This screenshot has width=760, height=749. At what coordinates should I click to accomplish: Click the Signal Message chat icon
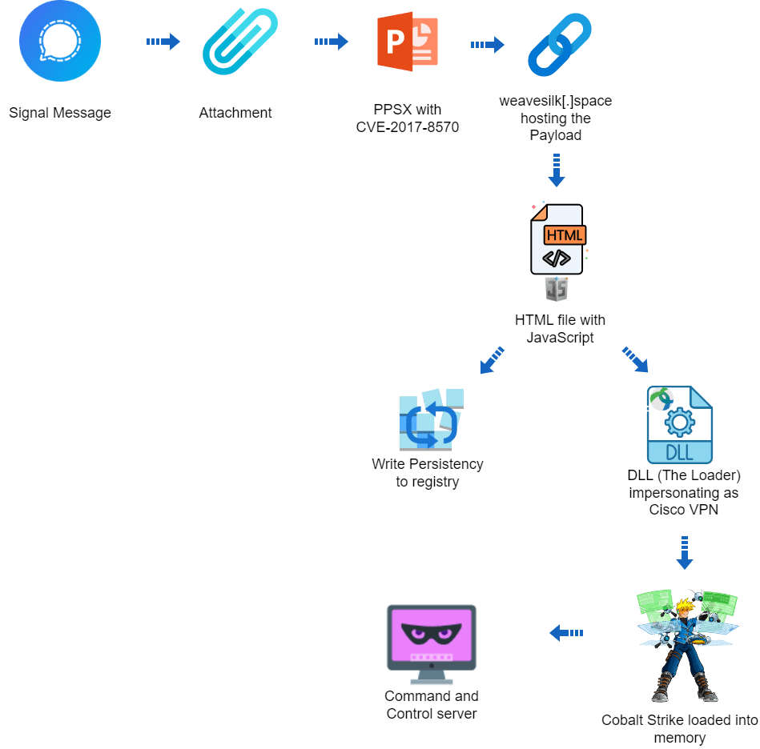click(x=60, y=41)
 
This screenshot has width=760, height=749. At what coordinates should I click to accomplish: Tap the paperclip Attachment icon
click(x=240, y=42)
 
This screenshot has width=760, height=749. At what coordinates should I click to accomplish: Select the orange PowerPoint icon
click(x=408, y=42)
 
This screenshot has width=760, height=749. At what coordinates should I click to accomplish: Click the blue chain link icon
click(x=560, y=45)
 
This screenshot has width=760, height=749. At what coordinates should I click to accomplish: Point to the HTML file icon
click(x=557, y=239)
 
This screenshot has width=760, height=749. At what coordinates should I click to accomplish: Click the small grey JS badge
click(x=557, y=289)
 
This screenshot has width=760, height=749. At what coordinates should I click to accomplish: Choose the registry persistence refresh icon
click(x=431, y=419)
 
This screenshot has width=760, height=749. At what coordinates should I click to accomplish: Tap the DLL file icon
click(x=680, y=425)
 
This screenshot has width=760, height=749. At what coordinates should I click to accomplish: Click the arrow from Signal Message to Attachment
click(x=163, y=42)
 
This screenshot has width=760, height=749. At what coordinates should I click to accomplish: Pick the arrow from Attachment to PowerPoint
click(x=332, y=42)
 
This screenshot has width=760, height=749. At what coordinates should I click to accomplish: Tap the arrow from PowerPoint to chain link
click(x=488, y=45)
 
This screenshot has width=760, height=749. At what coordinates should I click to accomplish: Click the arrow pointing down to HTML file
click(x=557, y=170)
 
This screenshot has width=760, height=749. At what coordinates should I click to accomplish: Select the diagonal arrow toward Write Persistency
click(x=492, y=360)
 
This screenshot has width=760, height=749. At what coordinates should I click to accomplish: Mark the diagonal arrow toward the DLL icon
click(x=635, y=360)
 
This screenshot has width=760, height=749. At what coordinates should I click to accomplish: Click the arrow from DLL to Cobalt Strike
click(x=685, y=553)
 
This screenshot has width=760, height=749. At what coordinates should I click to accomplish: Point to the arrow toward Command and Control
click(x=566, y=633)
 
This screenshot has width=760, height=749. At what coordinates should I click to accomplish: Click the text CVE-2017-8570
click(x=408, y=127)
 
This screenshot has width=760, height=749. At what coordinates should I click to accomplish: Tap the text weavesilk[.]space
click(x=556, y=101)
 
